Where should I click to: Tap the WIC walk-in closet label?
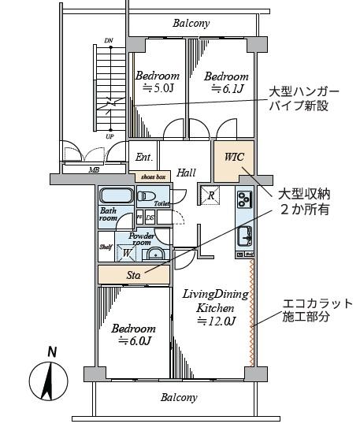(x=234, y=156)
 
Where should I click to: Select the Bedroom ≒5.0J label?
(x=157, y=83)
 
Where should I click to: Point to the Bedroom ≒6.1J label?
(x=226, y=83)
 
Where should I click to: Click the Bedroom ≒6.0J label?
(x=133, y=334)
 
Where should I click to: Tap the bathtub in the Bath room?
(x=117, y=197)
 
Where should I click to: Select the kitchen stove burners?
(x=243, y=200)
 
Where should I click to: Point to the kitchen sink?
(x=243, y=234)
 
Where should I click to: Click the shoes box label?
(x=152, y=177)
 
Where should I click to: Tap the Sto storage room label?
(x=134, y=275)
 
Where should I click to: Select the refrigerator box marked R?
(x=210, y=195)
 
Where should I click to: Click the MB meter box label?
(x=94, y=169)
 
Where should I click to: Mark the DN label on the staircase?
(x=109, y=39)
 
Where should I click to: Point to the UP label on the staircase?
(x=109, y=136)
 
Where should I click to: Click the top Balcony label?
(x=191, y=23)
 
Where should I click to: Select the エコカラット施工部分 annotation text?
(x=317, y=310)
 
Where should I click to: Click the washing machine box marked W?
(x=127, y=253)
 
